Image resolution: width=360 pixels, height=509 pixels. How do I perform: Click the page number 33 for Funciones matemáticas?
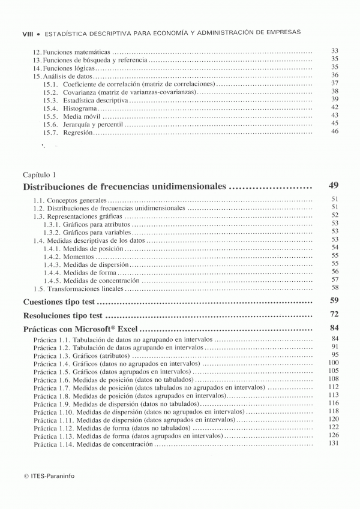click(x=335, y=51)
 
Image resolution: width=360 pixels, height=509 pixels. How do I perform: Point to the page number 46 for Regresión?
click(x=335, y=131)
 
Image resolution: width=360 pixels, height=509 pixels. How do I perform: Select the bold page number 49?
click(x=334, y=186)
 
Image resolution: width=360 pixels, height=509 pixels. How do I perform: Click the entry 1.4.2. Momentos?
click(x=69, y=256)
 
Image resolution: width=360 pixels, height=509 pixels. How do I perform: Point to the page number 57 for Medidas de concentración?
click(x=335, y=279)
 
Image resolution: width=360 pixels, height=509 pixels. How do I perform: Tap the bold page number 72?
click(x=334, y=315)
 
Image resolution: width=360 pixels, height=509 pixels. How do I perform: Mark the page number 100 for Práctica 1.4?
click(x=334, y=363)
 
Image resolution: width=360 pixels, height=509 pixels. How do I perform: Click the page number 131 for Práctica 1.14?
click(x=334, y=444)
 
